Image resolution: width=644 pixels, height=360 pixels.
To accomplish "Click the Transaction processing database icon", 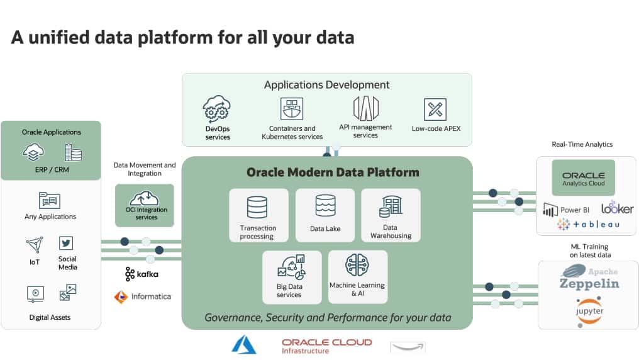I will (257, 206).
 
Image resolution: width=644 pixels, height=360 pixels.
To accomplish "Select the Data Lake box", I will (325, 215).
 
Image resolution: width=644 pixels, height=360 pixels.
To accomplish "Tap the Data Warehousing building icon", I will (391, 206).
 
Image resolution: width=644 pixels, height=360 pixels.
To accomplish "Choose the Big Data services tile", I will (291, 278).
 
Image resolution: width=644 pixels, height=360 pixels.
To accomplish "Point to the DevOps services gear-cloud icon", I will (218, 109).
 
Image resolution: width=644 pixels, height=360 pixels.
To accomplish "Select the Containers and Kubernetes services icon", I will (291, 109).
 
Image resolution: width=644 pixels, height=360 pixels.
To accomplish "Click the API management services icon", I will (365, 108).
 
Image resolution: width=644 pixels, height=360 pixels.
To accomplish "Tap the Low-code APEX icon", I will (435, 109).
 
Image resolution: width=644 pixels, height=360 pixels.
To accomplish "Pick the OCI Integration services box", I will (145, 205).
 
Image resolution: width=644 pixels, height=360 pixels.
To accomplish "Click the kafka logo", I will (142, 274).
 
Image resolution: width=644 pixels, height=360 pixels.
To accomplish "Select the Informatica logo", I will (142, 296).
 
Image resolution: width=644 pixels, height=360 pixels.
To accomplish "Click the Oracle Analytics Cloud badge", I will (583, 178).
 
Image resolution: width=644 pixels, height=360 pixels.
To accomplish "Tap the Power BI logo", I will (565, 210).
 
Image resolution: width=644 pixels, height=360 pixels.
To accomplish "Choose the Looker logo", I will (617, 208).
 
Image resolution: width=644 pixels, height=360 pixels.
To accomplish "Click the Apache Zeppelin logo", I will (589, 278).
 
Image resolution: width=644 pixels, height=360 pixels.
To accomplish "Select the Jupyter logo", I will (589, 311).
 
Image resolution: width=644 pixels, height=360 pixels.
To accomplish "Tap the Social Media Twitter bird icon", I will (66, 243).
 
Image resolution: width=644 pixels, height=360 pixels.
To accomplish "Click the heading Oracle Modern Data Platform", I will (333, 172).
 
